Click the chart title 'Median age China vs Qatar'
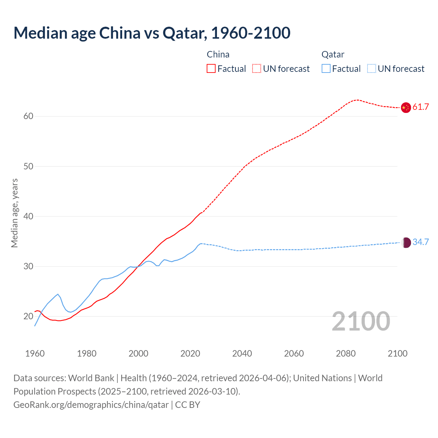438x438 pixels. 152,33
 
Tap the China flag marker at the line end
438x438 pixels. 405,107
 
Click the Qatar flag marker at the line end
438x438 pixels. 405,243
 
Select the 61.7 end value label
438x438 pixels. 421,107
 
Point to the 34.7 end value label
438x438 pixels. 421,242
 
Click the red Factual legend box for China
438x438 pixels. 211,69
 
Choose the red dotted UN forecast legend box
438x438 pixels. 257,69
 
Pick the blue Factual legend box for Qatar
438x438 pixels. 326,69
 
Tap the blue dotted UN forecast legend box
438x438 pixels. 372,69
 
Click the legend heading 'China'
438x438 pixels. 218,54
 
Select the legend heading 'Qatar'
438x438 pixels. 333,54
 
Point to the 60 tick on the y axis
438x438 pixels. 28,116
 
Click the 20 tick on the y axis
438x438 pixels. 28,317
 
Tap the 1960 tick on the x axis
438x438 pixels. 35,353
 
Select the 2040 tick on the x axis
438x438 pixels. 242,353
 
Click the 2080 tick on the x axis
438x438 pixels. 346,353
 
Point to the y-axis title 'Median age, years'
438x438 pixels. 14,213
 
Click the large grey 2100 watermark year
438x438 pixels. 361,321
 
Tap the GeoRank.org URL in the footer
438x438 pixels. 91,405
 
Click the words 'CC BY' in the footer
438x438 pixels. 188,405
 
